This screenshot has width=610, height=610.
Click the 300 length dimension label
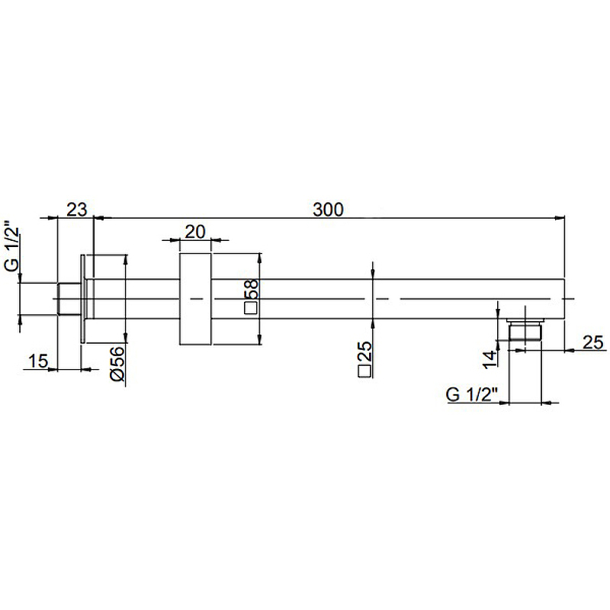coord(328,210)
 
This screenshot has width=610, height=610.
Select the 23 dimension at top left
coord(77,210)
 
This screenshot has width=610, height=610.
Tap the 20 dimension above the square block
coord(194,232)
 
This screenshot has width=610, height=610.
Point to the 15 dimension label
coord(38,361)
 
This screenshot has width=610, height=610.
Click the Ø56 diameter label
coord(117,364)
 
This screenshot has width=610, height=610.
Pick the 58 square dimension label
coord(252,289)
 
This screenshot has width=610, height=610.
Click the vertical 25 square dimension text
coord(364,352)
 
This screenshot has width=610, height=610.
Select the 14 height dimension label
coord(490,358)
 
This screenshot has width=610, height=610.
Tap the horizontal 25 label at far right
coord(592,342)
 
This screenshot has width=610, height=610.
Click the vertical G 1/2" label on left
coord(12,246)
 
